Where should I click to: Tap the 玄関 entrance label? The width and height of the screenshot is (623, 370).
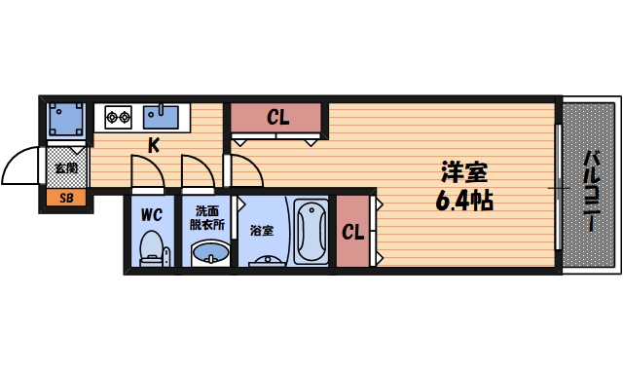pos(66,168)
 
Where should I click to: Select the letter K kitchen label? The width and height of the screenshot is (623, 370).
pos(154,147)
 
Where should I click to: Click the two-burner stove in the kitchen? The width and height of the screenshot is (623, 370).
pos(119,118)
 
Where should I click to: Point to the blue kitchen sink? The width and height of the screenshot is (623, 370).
pos(161,117)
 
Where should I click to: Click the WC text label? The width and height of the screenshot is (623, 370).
pos(151,211)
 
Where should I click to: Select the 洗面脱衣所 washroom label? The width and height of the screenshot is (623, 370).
pos(206,217)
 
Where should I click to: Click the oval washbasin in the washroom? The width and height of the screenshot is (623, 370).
pos(208,256)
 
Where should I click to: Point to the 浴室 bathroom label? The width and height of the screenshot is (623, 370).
pos(261,231)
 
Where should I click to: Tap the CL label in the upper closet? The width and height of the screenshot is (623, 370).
pos(278,119)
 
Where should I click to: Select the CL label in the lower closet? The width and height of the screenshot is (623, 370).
pos(352,233)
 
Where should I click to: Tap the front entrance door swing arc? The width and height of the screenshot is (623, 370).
pos(21,165)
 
